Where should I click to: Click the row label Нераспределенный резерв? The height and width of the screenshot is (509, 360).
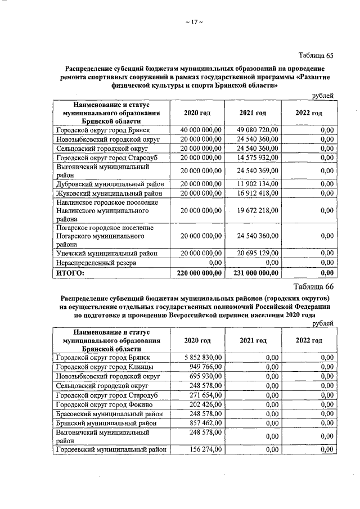pyautogui.click(x=96, y=263)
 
